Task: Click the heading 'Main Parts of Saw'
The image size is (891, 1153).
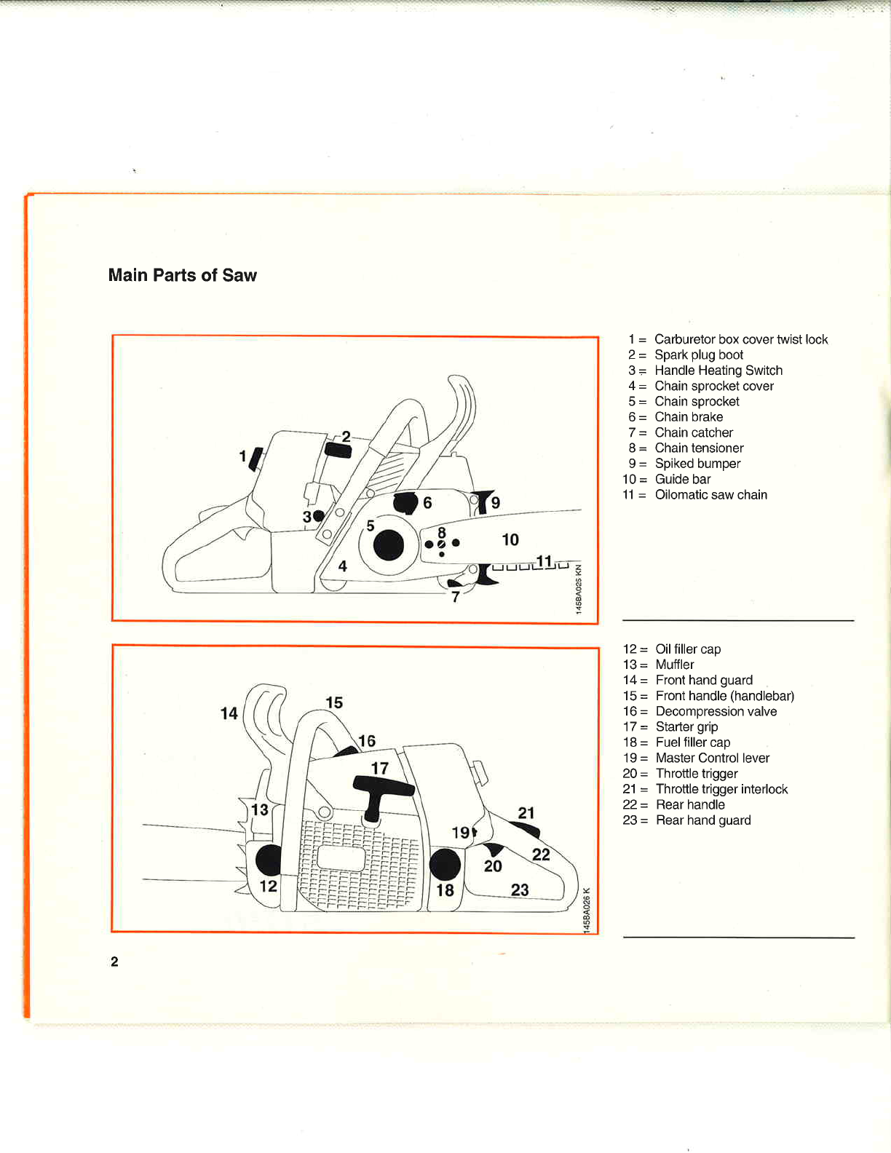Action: tap(182, 275)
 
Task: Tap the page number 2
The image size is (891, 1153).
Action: tap(114, 962)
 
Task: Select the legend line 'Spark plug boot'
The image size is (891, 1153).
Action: tap(698, 354)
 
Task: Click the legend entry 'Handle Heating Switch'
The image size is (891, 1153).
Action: tap(718, 371)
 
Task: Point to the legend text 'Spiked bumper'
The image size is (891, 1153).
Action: tap(697, 464)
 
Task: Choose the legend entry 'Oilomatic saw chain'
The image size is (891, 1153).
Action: tap(710, 495)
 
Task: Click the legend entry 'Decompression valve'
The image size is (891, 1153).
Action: tap(716, 711)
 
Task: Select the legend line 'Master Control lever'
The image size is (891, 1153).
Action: tap(712, 758)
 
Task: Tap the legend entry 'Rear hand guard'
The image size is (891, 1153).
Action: tap(702, 820)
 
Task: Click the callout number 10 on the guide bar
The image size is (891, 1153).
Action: tap(510, 539)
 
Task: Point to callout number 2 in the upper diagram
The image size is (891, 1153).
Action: tap(346, 437)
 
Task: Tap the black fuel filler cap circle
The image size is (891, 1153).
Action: tap(445, 865)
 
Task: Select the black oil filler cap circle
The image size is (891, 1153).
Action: tap(269, 860)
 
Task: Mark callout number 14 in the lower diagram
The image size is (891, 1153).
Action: tap(229, 713)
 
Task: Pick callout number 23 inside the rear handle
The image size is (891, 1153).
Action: tap(520, 889)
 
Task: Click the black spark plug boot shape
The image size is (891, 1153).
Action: tap(338, 451)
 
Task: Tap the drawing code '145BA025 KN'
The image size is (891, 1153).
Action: tap(579, 589)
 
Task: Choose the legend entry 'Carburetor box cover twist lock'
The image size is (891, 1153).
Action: tap(740, 339)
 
